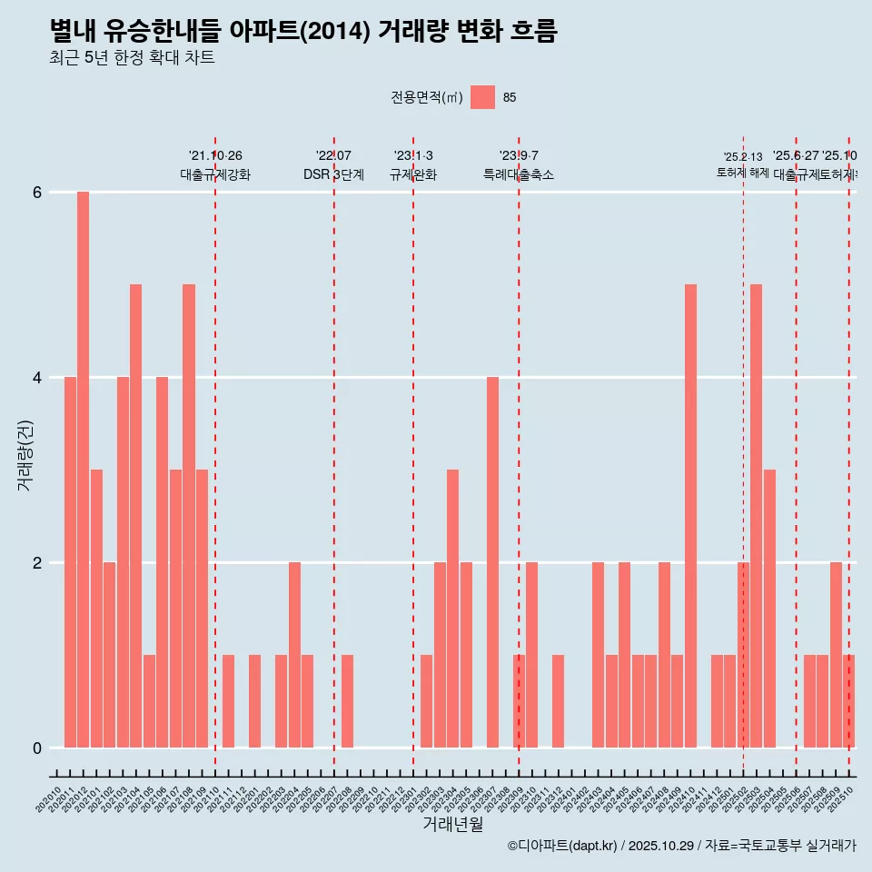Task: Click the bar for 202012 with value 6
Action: (83, 470)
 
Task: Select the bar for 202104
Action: (135, 516)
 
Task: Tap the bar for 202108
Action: (189, 516)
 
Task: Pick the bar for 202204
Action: (294, 655)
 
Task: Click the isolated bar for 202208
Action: (347, 701)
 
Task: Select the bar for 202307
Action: (492, 562)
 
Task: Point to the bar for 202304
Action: (452, 609)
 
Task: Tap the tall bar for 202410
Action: (690, 516)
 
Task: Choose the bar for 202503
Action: (756, 516)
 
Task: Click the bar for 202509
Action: (836, 655)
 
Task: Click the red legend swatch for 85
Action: (483, 97)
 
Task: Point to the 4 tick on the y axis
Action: (37, 377)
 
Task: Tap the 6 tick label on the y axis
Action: (37, 192)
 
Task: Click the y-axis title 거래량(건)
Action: (25, 454)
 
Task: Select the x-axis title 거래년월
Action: (452, 824)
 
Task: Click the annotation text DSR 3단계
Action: (333, 174)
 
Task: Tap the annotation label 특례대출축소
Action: (518, 174)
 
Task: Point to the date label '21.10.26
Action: (215, 155)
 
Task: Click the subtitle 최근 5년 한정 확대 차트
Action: (132, 58)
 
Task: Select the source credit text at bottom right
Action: (681, 846)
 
